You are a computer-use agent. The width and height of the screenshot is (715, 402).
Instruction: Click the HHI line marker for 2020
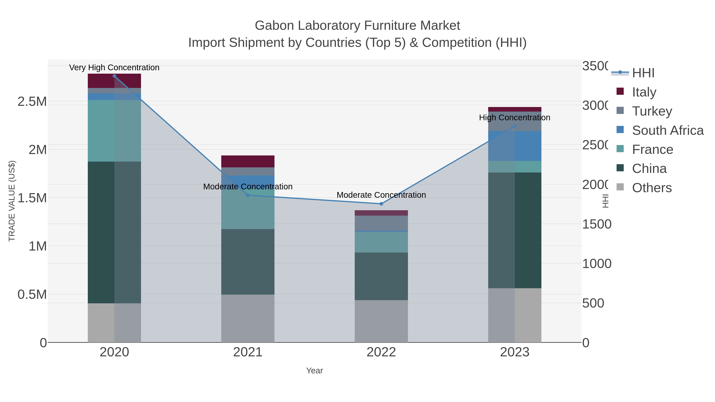pyautogui.click(x=114, y=76)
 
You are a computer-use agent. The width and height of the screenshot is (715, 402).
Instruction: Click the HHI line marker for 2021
pyautogui.click(x=248, y=195)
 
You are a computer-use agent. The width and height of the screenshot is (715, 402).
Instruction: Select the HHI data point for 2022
pyautogui.click(x=381, y=204)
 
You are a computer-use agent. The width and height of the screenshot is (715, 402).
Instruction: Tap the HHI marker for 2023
pyautogui.click(x=515, y=126)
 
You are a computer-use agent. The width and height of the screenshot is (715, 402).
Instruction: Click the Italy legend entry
pyautogui.click(x=644, y=92)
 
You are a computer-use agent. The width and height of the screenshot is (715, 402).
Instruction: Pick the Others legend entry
pyautogui.click(x=652, y=188)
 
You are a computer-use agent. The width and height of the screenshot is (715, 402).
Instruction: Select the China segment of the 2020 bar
pyautogui.click(x=114, y=232)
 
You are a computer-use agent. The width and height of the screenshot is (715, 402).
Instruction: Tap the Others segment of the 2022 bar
pyautogui.click(x=381, y=321)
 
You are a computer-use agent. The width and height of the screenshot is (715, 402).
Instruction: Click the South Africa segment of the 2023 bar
pyautogui.click(x=515, y=146)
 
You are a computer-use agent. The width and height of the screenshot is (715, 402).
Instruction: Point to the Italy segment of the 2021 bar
pyautogui.click(x=248, y=161)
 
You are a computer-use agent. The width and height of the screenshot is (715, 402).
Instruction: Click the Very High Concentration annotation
pyautogui.click(x=114, y=67)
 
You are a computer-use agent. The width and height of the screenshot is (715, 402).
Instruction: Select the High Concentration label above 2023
pyautogui.click(x=515, y=118)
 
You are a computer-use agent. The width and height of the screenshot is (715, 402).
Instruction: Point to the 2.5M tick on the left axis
pyautogui.click(x=32, y=101)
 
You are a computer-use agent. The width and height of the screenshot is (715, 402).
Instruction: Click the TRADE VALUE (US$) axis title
pyautogui.click(x=12, y=201)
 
